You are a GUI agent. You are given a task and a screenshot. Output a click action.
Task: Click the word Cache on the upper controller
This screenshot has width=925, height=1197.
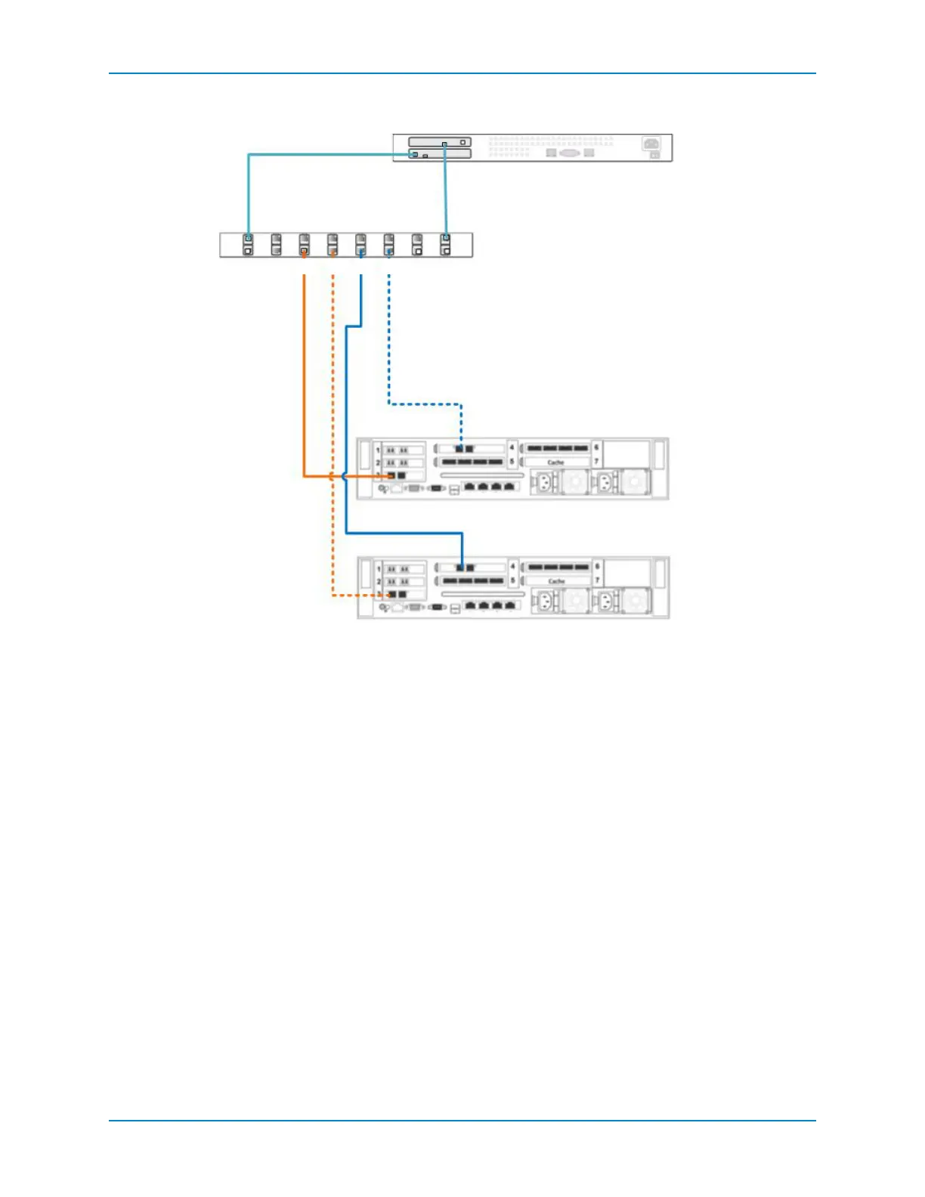(x=555, y=462)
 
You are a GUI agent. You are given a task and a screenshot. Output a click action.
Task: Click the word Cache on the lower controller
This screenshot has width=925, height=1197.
(x=556, y=581)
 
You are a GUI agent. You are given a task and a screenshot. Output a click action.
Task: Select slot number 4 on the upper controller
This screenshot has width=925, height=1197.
(x=512, y=447)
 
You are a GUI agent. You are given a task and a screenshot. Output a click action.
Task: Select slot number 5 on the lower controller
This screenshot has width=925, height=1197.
(x=512, y=580)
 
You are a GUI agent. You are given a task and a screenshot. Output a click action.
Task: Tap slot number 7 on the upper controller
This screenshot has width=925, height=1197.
(x=596, y=461)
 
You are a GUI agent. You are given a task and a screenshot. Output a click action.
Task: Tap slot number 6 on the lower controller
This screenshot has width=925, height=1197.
(x=597, y=566)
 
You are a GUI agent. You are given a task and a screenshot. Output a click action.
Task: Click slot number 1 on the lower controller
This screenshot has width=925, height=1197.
(x=379, y=568)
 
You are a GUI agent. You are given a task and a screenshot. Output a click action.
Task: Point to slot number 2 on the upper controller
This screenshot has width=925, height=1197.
(x=378, y=462)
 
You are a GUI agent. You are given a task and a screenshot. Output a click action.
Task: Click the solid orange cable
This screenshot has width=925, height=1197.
(x=304, y=378)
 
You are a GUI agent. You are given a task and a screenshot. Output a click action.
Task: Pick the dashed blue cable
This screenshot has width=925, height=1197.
(x=388, y=340)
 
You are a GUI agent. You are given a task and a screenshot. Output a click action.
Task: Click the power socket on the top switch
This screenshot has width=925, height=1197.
(x=651, y=144)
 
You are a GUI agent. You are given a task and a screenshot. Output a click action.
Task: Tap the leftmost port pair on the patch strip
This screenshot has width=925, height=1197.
(x=248, y=245)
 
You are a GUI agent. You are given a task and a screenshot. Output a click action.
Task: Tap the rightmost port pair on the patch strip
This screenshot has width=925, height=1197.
(x=446, y=245)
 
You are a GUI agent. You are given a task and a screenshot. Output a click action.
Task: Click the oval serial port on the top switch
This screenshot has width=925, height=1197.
(x=570, y=153)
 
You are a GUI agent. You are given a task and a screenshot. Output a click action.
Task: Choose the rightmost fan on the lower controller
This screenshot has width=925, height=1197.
(x=635, y=601)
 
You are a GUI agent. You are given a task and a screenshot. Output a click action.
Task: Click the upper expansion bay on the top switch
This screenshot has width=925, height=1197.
(x=440, y=142)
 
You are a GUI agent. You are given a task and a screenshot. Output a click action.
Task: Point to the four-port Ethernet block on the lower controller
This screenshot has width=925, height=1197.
(x=491, y=605)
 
